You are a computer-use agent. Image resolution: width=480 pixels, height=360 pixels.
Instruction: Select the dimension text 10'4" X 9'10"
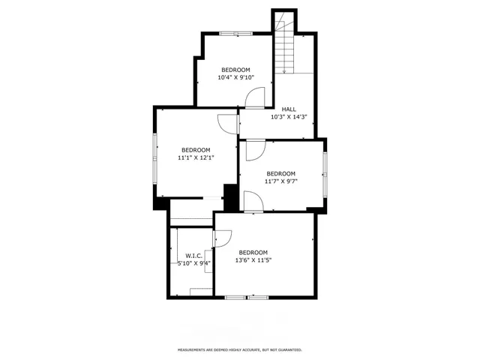[235, 77]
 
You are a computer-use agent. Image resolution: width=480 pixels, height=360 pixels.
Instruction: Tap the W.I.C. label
[194, 256]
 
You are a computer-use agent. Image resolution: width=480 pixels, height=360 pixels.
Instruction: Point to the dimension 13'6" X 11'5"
[253, 260]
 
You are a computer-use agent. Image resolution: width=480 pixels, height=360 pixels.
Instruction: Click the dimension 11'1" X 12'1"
[195, 158]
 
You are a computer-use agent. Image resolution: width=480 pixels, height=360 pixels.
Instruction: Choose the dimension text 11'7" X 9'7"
[280, 181]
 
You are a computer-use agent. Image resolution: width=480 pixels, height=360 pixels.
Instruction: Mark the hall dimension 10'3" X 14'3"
[289, 117]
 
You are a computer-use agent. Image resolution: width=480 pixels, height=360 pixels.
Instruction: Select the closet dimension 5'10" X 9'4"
[194, 263]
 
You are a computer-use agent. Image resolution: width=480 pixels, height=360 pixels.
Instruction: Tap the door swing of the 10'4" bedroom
[256, 96]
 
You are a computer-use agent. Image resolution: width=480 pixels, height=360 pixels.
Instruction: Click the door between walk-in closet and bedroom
[221, 238]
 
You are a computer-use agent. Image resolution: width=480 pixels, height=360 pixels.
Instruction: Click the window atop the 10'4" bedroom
[235, 34]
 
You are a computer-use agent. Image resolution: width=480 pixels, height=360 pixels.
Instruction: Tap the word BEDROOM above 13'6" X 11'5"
[253, 252]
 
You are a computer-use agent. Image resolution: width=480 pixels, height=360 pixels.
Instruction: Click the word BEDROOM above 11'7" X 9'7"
[280, 173]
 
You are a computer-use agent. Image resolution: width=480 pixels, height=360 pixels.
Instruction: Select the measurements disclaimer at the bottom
[239, 349]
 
